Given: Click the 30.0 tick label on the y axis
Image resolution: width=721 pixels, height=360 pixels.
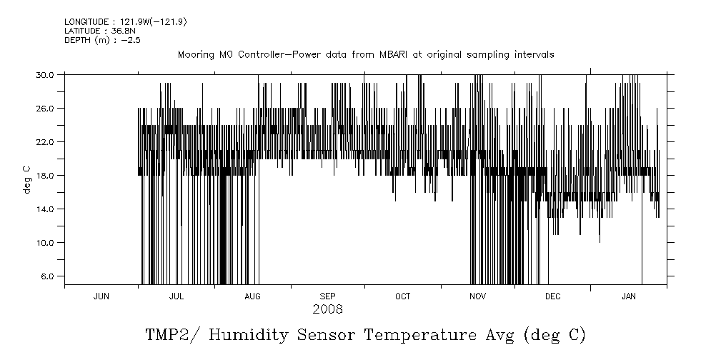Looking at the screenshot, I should (x=46, y=74).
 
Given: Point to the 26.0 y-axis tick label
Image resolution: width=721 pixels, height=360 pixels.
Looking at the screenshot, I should (x=46, y=108).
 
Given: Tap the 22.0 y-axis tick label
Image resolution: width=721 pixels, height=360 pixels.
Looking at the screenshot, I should (x=46, y=141).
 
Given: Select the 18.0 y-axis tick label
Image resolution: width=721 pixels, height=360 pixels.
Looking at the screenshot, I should (x=46, y=175).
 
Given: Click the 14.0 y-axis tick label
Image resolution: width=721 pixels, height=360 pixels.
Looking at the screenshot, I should (x=46, y=209).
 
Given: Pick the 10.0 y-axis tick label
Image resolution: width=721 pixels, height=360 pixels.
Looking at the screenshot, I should (x=46, y=242).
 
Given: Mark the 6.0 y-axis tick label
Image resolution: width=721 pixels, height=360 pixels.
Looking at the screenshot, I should (x=48, y=276).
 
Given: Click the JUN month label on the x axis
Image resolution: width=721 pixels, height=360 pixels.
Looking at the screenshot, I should (x=101, y=296).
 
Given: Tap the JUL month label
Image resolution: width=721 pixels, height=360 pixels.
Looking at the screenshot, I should (x=176, y=296).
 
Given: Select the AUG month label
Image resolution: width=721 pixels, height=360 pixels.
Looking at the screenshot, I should (x=252, y=296).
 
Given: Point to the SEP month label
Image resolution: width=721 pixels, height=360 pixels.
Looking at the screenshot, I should (x=327, y=296).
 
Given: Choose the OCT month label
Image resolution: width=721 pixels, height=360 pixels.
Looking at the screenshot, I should (x=402, y=296).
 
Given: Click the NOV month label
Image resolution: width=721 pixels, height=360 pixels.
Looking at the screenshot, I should (x=478, y=296).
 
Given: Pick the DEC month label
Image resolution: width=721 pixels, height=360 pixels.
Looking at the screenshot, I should (x=553, y=296).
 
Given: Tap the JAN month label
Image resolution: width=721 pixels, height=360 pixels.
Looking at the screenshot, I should (x=629, y=296).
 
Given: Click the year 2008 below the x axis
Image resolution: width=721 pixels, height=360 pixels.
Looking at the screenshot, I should (x=327, y=310).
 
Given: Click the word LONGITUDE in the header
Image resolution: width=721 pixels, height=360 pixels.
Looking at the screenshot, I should (x=86, y=22).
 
